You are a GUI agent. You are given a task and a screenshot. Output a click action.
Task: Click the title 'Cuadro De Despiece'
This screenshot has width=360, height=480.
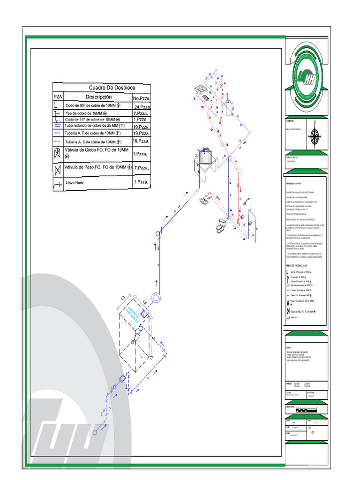[x=112, y=88]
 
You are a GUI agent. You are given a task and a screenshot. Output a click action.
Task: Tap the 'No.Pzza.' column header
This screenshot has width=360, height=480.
[x=142, y=98]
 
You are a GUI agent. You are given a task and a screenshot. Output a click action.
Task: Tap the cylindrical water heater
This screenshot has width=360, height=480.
[x=229, y=108]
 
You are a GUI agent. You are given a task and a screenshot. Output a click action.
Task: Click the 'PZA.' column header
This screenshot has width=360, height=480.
[x=57, y=97]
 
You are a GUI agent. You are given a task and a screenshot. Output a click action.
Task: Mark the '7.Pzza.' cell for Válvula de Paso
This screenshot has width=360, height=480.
[x=142, y=168]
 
